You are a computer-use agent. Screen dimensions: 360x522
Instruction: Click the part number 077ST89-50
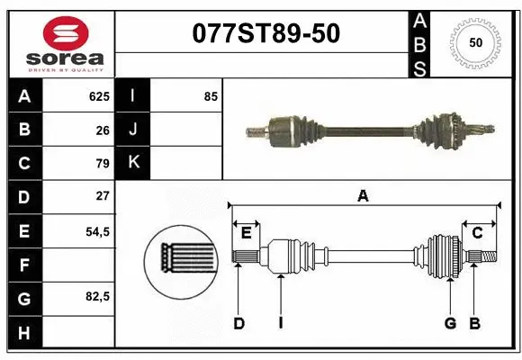tap(266, 33)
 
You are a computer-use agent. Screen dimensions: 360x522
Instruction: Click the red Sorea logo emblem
tap(59, 33)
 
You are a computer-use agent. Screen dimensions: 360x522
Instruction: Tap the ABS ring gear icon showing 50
tap(474, 42)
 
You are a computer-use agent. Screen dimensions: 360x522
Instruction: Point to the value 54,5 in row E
tap(97, 230)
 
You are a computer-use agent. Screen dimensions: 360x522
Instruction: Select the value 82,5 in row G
tap(97, 296)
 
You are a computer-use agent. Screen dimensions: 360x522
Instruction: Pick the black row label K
tap(133, 163)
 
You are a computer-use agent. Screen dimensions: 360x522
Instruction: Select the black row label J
tap(133, 130)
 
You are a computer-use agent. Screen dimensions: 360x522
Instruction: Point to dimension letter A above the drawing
tap(363, 194)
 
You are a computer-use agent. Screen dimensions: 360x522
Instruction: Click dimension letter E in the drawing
tap(246, 233)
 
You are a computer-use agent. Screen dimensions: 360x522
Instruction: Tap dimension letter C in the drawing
tap(477, 233)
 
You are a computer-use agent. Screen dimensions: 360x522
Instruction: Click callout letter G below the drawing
tap(449, 323)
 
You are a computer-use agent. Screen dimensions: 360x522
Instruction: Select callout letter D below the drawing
tap(238, 323)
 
